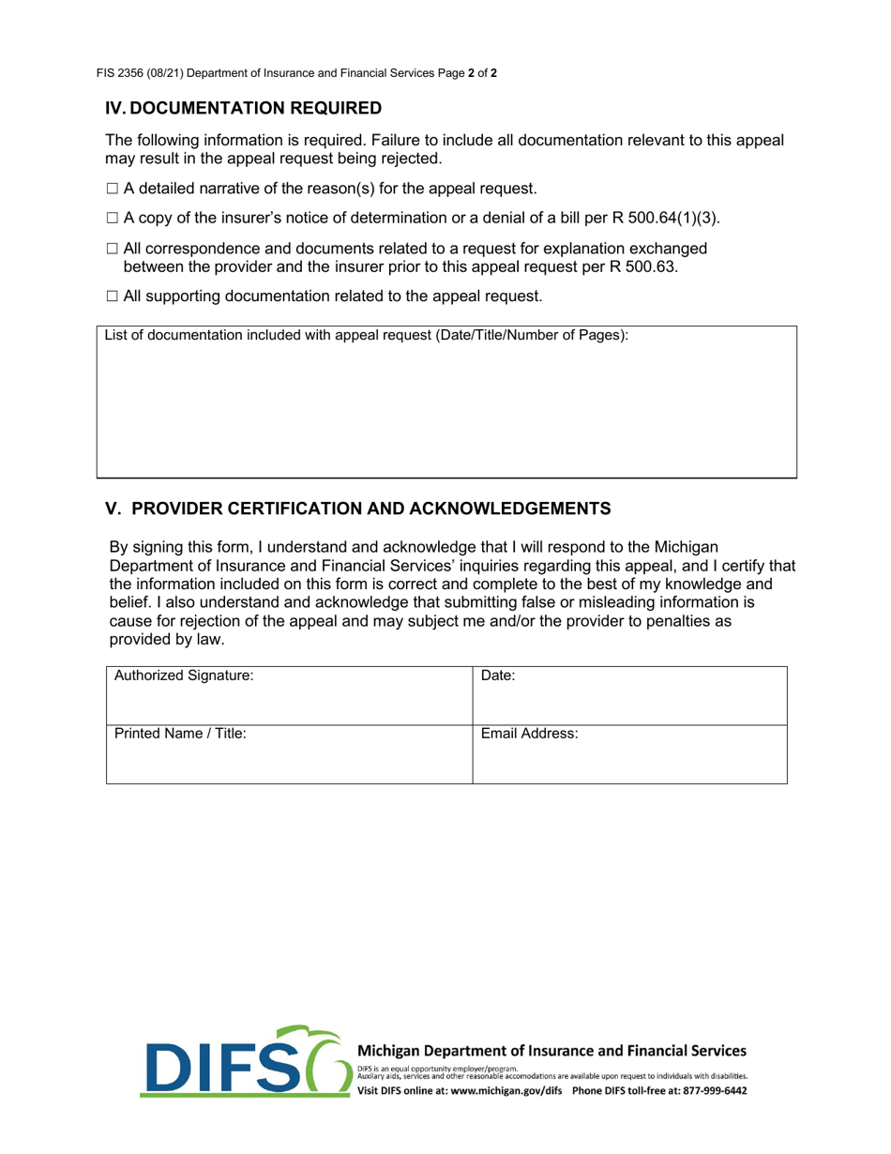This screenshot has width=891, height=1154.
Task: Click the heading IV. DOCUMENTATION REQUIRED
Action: [243, 108]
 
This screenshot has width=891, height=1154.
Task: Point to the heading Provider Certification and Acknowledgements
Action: [357, 509]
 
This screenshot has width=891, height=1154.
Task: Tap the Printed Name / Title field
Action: [289, 754]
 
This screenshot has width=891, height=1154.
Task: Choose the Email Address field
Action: [629, 754]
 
